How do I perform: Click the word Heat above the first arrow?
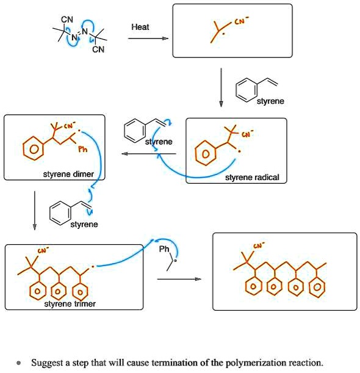tap(140, 27)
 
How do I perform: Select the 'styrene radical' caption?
tap(252, 177)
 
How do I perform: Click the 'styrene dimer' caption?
tap(68, 174)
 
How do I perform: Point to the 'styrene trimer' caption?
tap(70, 303)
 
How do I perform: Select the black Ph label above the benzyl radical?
tap(164, 250)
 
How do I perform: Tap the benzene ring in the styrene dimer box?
tap(29, 147)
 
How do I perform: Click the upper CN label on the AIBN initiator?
tap(67, 20)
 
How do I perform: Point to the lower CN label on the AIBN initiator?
tap(99, 50)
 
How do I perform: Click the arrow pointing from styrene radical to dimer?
tap(149, 154)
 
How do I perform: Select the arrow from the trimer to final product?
tap(179, 279)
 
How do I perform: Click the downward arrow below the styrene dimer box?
tap(35, 211)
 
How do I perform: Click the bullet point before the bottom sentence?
tap(20, 363)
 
